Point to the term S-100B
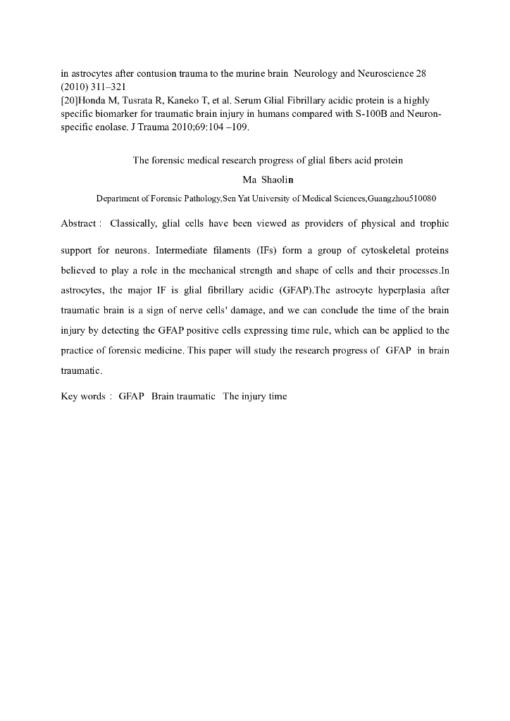(x=378, y=114)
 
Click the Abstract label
(x=79, y=224)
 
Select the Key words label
(x=83, y=396)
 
